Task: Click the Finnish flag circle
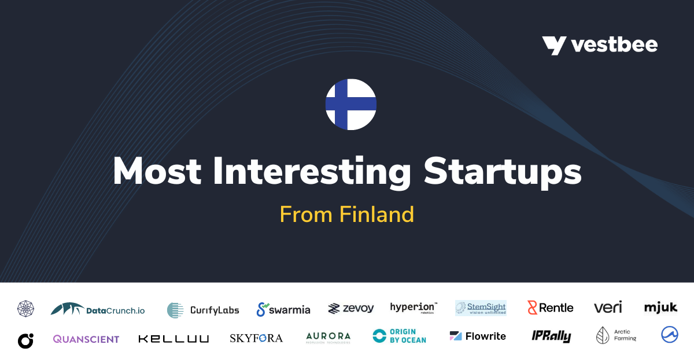pyautogui.click(x=351, y=105)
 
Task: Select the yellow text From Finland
pyautogui.click(x=347, y=214)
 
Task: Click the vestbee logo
pyautogui.click(x=600, y=45)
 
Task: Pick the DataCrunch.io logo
pyautogui.click(x=98, y=309)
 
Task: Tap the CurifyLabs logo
pyautogui.click(x=203, y=310)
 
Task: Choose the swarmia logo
pyautogui.click(x=283, y=309)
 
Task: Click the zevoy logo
pyautogui.click(x=350, y=309)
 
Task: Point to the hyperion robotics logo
pyautogui.click(x=414, y=308)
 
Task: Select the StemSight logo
pyautogui.click(x=481, y=308)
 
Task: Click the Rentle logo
pyautogui.click(x=550, y=308)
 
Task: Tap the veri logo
pyautogui.click(x=608, y=308)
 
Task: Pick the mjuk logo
pyautogui.click(x=660, y=308)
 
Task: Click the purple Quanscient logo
pyautogui.click(x=86, y=339)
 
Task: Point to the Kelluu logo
pyautogui.click(x=173, y=339)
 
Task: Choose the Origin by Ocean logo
pyautogui.click(x=399, y=336)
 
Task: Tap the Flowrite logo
pyautogui.click(x=478, y=336)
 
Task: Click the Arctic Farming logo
pyautogui.click(x=617, y=336)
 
